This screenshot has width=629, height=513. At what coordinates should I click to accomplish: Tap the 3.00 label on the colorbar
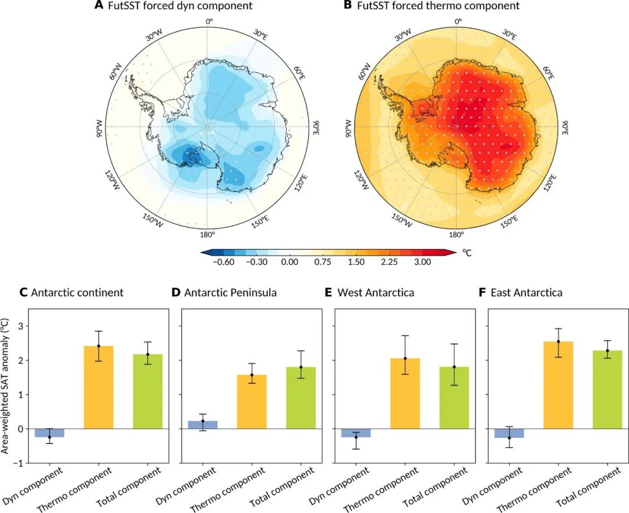click(422, 263)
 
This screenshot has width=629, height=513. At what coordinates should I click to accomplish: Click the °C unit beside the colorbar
click(468, 253)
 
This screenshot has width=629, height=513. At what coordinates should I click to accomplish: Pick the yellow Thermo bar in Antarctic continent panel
click(98, 387)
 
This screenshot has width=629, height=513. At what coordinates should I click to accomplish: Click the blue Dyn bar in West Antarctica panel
click(356, 433)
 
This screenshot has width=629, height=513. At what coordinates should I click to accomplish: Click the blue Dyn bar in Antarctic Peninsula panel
click(203, 424)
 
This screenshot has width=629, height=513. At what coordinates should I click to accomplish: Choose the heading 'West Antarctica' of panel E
click(376, 292)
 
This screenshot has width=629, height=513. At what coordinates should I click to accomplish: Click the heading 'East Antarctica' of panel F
click(526, 292)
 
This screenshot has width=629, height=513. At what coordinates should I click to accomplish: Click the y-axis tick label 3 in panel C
click(22, 326)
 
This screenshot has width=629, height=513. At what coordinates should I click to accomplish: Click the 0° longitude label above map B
click(458, 22)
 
